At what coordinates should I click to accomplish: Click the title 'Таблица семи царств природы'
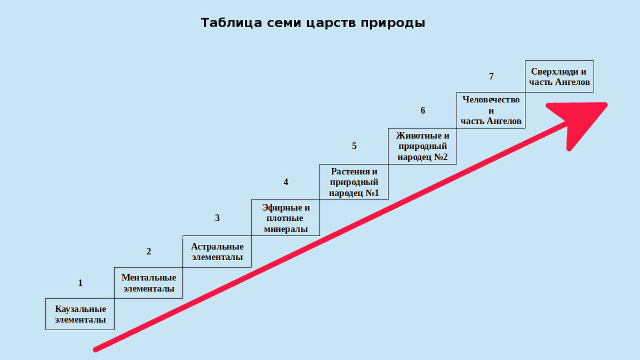click(x=313, y=23)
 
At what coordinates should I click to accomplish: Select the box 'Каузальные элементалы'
click(x=80, y=314)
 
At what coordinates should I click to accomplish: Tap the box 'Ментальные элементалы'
click(x=149, y=283)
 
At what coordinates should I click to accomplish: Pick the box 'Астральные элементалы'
click(x=217, y=252)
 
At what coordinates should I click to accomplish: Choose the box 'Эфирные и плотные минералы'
click(x=285, y=218)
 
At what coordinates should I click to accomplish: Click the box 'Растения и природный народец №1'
click(x=354, y=182)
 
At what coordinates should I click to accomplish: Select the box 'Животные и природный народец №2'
click(x=422, y=146)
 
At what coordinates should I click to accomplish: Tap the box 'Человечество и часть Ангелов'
click(x=491, y=110)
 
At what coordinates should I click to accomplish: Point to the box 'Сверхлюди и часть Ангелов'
click(x=559, y=77)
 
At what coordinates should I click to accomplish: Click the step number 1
click(x=81, y=283)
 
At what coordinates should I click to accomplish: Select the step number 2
click(x=149, y=252)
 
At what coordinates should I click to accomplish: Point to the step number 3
click(x=217, y=218)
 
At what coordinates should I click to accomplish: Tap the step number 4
click(x=286, y=182)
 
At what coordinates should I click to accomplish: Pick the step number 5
click(x=354, y=146)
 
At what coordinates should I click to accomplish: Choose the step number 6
click(x=423, y=110)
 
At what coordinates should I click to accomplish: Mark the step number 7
click(x=491, y=77)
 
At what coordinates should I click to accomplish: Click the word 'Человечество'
click(x=491, y=99)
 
